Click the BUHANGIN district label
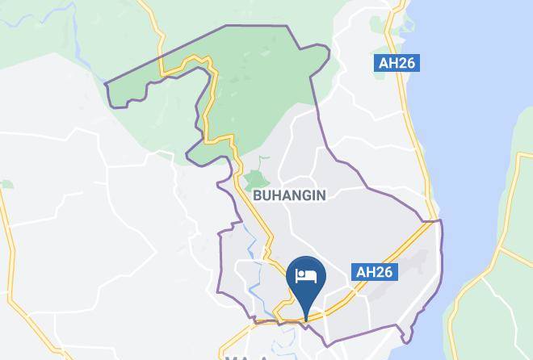click(x=289, y=195)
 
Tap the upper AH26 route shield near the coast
click(x=397, y=63)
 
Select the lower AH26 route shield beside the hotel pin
click(x=375, y=272)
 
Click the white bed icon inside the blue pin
click(x=306, y=276)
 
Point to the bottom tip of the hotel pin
click(x=306, y=320)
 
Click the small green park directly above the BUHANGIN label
click(x=256, y=179)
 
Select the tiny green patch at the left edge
click(x=6, y=184)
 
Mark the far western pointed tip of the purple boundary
click(x=107, y=82)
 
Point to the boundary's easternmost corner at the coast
click(x=441, y=220)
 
